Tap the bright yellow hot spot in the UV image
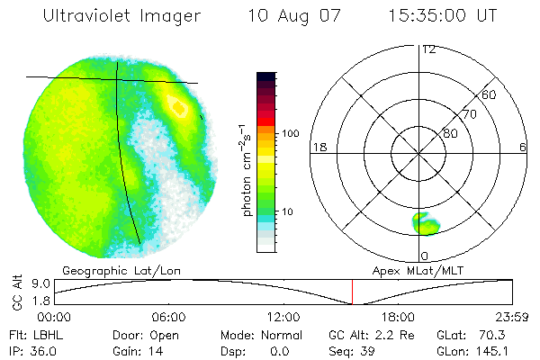tap(179, 108)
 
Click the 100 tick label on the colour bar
tap(290, 133)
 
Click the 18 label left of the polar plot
tap(319, 147)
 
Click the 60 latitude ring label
tap(490, 94)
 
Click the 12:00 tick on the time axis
tap(283, 317)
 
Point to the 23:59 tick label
tap(512, 317)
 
